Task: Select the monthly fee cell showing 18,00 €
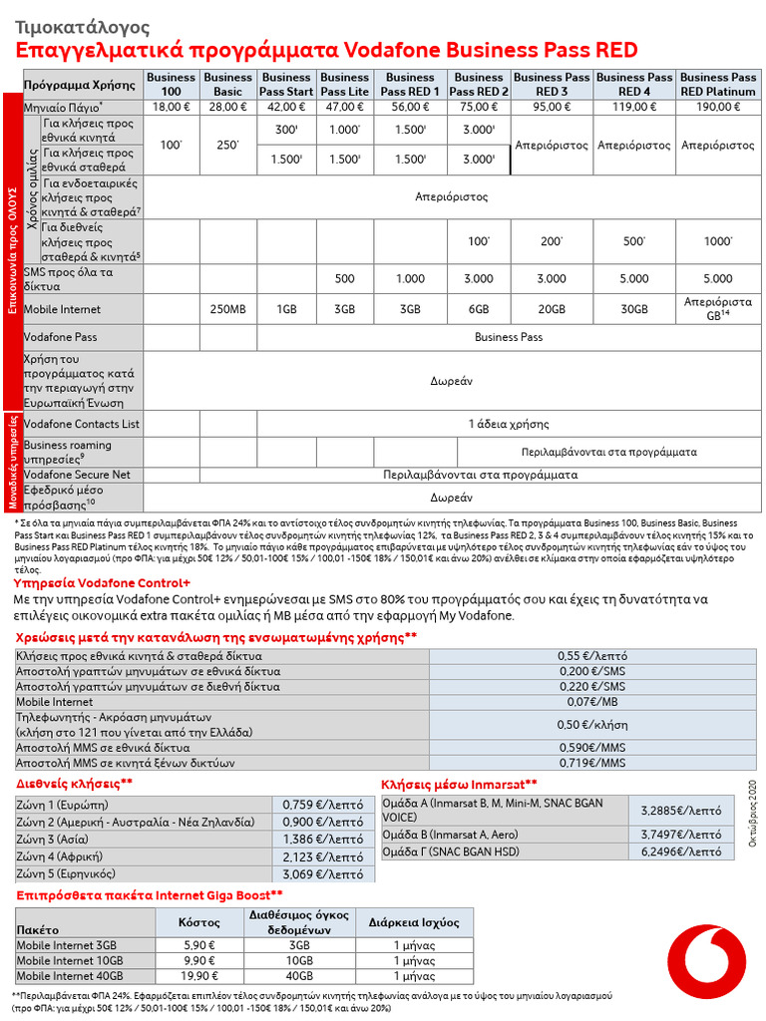172,107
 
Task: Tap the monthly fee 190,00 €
718,107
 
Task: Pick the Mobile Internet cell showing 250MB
228,310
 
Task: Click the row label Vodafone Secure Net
77,476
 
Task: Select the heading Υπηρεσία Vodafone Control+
102,582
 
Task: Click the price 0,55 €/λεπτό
592,656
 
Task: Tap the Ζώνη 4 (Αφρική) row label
61,855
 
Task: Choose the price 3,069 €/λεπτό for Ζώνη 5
322,873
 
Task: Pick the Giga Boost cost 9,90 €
172,960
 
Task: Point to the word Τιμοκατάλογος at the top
82,27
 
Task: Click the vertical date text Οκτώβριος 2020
754,813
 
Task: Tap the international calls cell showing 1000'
718,242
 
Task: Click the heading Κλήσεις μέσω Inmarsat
459,784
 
